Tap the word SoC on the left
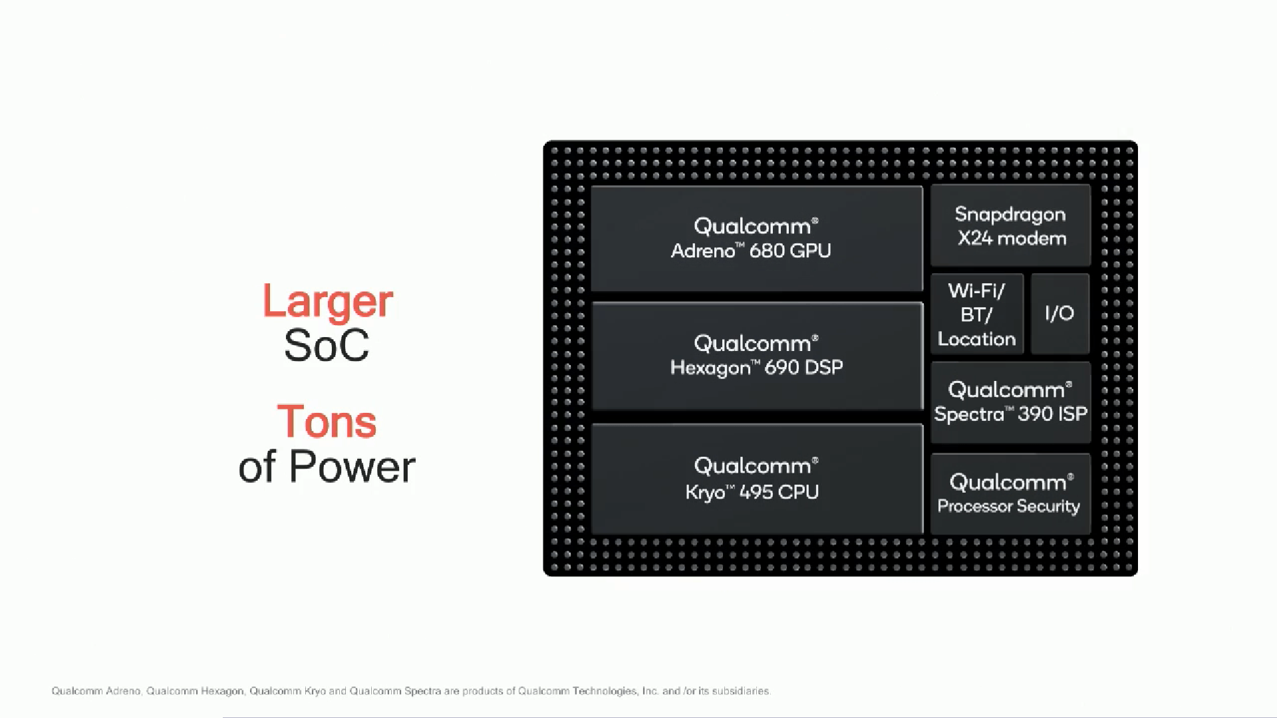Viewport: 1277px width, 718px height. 327,345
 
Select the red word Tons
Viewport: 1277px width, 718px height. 327,421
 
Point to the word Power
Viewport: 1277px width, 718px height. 352,466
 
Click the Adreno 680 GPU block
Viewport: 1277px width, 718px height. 757,239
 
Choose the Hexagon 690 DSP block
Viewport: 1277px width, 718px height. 757,356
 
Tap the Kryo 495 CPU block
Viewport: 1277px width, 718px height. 757,479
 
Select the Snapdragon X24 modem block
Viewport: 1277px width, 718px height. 1010,225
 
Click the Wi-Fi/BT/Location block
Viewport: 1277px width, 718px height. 977,314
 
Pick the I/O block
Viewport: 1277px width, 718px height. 1060,314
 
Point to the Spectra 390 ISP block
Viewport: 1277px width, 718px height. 1010,402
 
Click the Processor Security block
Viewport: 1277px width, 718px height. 1010,494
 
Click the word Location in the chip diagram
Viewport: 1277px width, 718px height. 977,339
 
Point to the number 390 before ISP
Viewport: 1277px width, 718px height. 1035,414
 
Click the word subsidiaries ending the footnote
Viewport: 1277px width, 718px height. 741,691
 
